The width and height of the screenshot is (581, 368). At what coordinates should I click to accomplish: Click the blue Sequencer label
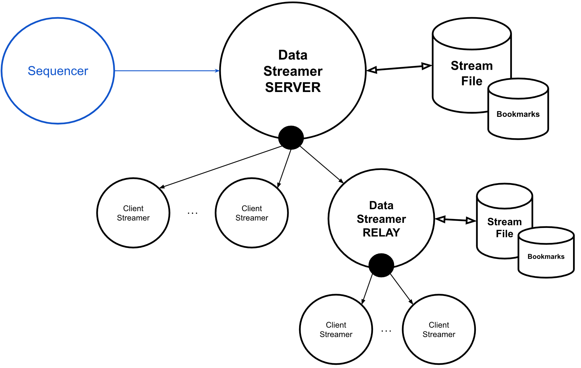point(58,71)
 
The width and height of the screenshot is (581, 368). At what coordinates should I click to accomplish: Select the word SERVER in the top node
point(293,87)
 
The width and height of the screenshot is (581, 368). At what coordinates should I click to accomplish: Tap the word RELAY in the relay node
point(381,232)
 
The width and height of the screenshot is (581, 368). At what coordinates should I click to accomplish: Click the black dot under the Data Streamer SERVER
point(291,138)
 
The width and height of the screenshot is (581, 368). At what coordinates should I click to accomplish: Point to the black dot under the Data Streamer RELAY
point(381,265)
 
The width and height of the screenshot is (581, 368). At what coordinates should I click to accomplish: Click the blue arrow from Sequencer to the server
point(166,71)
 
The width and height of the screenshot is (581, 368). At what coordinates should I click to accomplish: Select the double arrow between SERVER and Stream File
point(399,68)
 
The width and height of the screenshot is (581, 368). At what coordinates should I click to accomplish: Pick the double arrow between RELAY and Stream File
point(455,220)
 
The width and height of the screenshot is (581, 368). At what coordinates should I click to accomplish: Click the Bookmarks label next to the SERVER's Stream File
point(518,114)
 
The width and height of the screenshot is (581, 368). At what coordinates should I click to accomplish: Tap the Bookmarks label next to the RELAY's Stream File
point(546,257)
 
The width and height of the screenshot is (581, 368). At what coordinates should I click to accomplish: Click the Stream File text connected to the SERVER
point(472,73)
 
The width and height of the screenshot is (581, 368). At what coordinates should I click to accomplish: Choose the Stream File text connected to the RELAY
point(505,227)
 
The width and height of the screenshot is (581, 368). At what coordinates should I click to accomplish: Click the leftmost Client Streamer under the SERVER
point(133,213)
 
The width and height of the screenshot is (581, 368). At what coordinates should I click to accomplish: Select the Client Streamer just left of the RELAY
point(252,213)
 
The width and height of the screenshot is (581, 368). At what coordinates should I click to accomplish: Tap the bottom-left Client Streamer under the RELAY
point(336,329)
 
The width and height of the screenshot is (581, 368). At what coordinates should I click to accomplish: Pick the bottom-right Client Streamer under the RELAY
point(439,329)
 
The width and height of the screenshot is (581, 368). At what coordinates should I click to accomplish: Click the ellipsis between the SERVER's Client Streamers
point(192,213)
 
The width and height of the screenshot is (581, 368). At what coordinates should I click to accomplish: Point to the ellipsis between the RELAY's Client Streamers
point(386,331)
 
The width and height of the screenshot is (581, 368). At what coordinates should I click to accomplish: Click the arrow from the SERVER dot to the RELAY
point(321,164)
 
